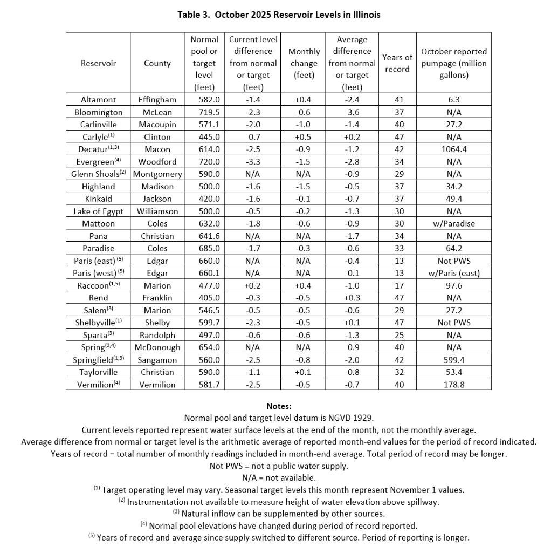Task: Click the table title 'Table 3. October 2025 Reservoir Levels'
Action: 279,15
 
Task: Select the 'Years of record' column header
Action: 397,63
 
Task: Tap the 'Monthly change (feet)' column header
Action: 304,63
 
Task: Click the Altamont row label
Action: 98,100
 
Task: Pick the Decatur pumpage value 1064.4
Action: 453,149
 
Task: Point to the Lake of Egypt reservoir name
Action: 98,211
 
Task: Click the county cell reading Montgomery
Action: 157,174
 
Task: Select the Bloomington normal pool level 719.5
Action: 204,112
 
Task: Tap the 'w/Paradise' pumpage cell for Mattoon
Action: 453,224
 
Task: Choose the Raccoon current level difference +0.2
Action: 253,286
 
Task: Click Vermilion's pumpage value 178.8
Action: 453,385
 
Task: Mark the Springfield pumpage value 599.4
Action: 453,360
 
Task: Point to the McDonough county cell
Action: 157,348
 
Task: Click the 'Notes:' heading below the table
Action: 279,406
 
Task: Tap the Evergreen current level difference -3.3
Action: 253,162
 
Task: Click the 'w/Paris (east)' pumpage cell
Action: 453,273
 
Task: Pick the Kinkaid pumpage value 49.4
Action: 453,199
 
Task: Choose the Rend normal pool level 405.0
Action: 204,298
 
